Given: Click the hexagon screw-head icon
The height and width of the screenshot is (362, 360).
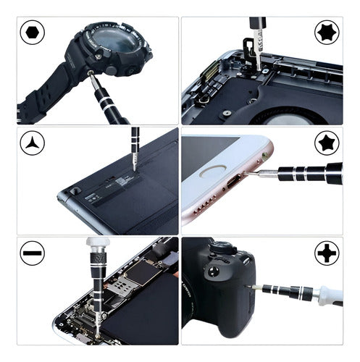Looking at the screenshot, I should tap(33, 34).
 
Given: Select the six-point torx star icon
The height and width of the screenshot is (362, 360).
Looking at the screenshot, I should tap(326, 33).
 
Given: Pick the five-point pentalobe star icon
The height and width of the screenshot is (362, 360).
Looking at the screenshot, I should tap(326, 144).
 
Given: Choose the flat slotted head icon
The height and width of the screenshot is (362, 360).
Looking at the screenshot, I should tap(33, 254).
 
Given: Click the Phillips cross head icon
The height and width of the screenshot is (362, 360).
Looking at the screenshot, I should tap(326, 254).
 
